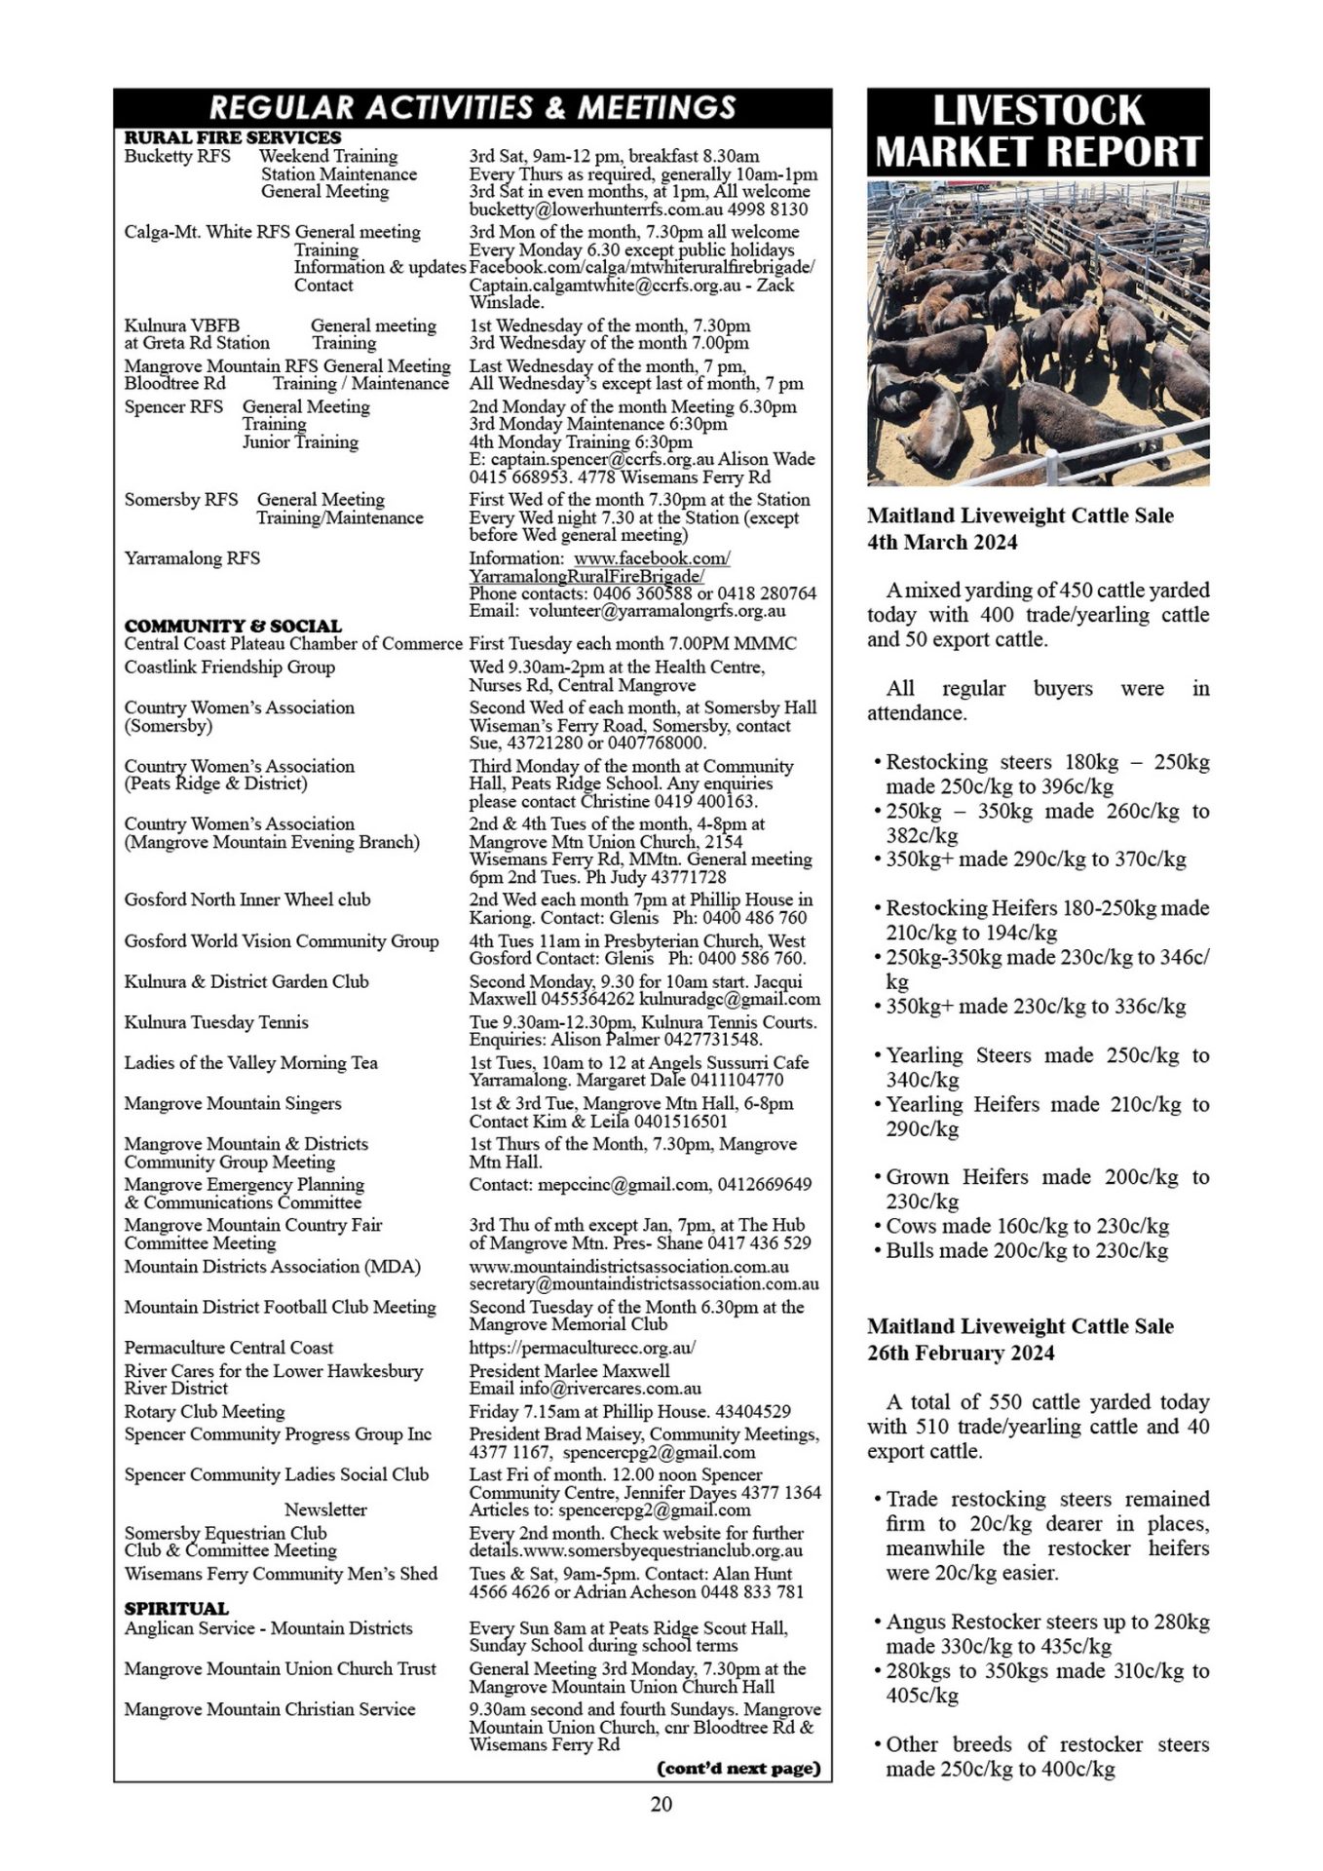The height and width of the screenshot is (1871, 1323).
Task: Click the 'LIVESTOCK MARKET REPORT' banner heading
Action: [1038, 132]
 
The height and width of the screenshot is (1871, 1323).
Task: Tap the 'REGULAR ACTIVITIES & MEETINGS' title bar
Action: [472, 106]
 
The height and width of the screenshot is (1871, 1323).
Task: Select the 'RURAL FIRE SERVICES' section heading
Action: [233, 137]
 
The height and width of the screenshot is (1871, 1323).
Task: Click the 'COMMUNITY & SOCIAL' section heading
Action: [233, 626]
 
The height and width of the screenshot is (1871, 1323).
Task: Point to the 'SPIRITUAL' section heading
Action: [176, 1608]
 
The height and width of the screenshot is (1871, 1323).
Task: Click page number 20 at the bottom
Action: [661, 1804]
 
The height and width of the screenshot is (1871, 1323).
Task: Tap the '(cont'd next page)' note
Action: [738, 1768]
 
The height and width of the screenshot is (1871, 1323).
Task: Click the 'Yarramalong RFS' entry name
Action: [192, 558]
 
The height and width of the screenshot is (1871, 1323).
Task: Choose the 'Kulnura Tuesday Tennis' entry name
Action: [216, 1022]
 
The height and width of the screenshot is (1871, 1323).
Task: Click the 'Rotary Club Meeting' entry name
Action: [205, 1411]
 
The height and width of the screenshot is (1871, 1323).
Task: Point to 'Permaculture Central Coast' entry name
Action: [228, 1348]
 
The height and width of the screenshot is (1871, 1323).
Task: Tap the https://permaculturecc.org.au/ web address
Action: [582, 1348]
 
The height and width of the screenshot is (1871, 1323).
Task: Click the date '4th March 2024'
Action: [942, 543]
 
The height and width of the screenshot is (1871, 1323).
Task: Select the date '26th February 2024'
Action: [962, 1353]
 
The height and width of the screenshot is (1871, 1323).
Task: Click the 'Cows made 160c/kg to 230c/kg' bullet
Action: [1027, 1226]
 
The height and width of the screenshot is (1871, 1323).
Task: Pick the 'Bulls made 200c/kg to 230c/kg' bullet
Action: [1027, 1250]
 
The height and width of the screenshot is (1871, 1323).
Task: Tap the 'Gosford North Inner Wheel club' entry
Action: [247, 899]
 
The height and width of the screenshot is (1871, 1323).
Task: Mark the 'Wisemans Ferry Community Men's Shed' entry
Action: [281, 1574]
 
